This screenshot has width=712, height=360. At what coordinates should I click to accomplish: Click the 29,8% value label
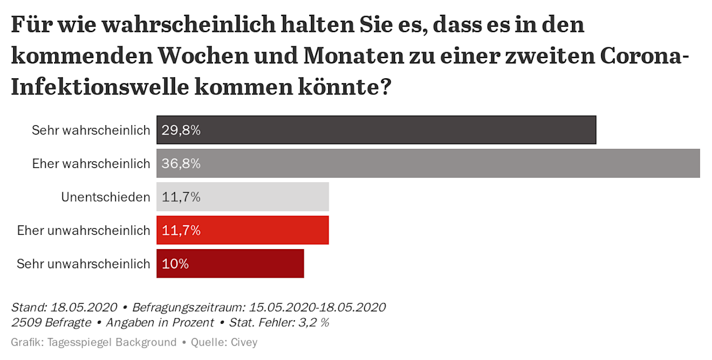point(181,130)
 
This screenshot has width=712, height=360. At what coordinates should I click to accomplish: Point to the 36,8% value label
point(181,163)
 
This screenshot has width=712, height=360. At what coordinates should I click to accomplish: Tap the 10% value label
point(175,264)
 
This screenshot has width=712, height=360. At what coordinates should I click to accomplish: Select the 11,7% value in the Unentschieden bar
point(181,197)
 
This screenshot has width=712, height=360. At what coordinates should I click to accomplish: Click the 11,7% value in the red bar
point(181,230)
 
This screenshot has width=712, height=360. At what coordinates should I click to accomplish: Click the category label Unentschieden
point(106,197)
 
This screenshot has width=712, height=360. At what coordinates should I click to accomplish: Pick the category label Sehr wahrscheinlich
point(91,130)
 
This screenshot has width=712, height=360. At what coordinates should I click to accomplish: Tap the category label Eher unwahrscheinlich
point(84,230)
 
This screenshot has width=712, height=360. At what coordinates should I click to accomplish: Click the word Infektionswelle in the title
point(97,87)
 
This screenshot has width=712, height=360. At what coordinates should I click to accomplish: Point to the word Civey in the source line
point(244,342)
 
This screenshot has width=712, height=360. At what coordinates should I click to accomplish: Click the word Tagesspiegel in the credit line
point(76,342)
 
